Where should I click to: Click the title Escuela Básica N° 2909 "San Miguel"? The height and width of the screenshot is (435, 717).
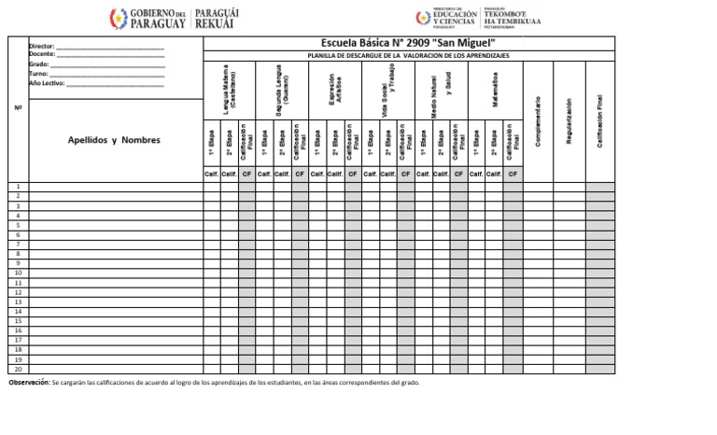(x=408, y=43)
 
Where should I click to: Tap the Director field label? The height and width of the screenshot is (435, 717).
(x=42, y=46)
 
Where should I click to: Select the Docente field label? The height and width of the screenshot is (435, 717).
(x=42, y=54)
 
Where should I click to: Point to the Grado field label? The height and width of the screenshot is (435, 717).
(x=39, y=64)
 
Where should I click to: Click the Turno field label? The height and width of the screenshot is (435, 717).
(x=39, y=74)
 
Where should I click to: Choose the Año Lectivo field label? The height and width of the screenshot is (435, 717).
(x=48, y=83)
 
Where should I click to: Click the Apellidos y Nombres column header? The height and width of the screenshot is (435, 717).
(x=114, y=140)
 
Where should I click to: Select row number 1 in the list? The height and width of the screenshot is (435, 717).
(x=19, y=187)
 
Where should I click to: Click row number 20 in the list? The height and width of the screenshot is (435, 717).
(x=19, y=369)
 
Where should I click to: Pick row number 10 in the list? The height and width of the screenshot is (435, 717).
(x=19, y=273)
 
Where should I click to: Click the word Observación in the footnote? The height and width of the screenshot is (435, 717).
(x=29, y=383)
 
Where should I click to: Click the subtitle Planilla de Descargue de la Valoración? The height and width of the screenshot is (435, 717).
(x=408, y=56)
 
